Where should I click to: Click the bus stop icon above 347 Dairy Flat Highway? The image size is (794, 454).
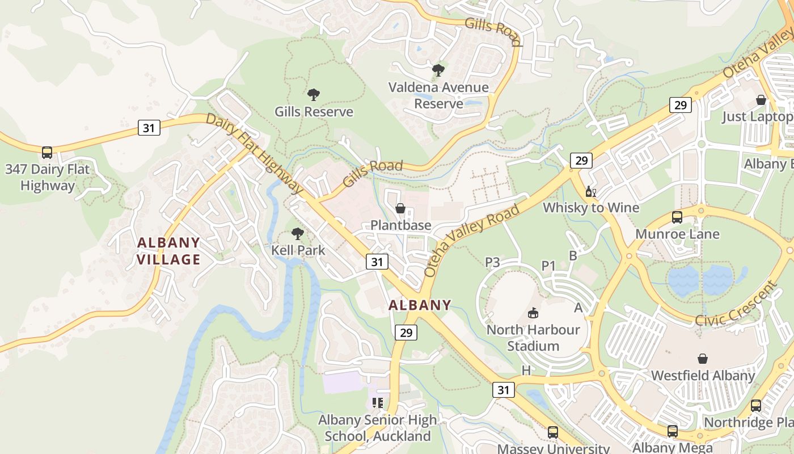pos(47,153)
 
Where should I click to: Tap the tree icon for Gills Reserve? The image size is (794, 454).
pos(313,95)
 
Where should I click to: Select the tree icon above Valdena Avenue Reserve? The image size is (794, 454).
pos(438,70)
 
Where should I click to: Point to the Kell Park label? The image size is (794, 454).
pos(298,250)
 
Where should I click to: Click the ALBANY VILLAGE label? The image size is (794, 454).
pos(169,251)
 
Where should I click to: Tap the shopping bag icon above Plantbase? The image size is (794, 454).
pos(400,208)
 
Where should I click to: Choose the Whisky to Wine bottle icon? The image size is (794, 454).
pos(590,192)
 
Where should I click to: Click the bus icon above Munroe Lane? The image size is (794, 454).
pos(677,217)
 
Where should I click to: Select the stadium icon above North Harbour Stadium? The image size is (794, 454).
pos(533,313)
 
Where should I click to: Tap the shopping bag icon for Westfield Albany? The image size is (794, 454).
pos(703,359)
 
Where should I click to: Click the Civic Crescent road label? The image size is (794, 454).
pos(737,304)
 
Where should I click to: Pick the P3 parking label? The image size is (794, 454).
pos(492,262)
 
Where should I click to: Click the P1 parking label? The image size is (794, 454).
pos(548,265)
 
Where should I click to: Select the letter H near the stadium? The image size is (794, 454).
pos(526,371)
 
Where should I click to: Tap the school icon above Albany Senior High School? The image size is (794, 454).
pos(377,403)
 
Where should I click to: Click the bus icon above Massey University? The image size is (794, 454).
pos(553,432)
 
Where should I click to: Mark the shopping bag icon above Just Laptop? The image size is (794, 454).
pos(761,100)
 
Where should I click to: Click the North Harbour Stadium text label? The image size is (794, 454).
pos(533,338)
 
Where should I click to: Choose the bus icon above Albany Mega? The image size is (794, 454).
pos(672,431)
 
